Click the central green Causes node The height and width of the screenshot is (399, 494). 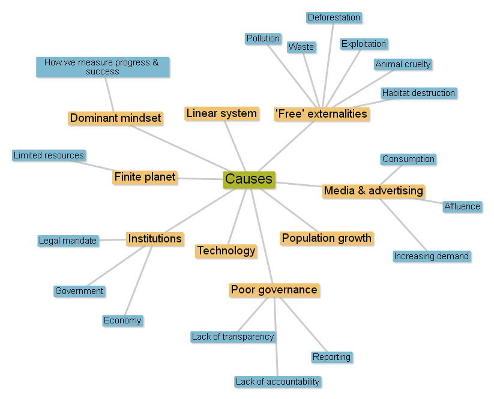(x=249, y=179)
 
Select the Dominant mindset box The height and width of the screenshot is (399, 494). (x=115, y=118)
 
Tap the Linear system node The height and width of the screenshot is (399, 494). (x=221, y=113)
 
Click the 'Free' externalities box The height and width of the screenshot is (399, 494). (x=321, y=114)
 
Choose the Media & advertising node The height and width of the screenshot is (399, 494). (x=373, y=191)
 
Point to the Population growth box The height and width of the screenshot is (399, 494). (x=327, y=238)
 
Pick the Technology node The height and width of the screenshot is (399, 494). (x=226, y=251)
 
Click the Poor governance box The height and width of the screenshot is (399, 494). (x=274, y=290)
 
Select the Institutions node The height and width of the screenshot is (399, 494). (x=154, y=239)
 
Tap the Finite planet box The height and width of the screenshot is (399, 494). (x=145, y=177)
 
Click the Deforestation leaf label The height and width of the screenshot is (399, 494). (x=334, y=18)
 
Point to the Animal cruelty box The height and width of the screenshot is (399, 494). (x=403, y=64)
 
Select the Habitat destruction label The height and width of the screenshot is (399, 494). (x=418, y=93)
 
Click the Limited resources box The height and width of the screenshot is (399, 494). (x=49, y=155)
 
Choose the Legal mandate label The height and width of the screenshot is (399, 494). (x=67, y=241)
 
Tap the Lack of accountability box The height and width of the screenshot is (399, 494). (x=277, y=382)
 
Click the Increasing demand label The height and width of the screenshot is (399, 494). (x=431, y=256)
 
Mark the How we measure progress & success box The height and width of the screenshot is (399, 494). (x=102, y=67)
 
